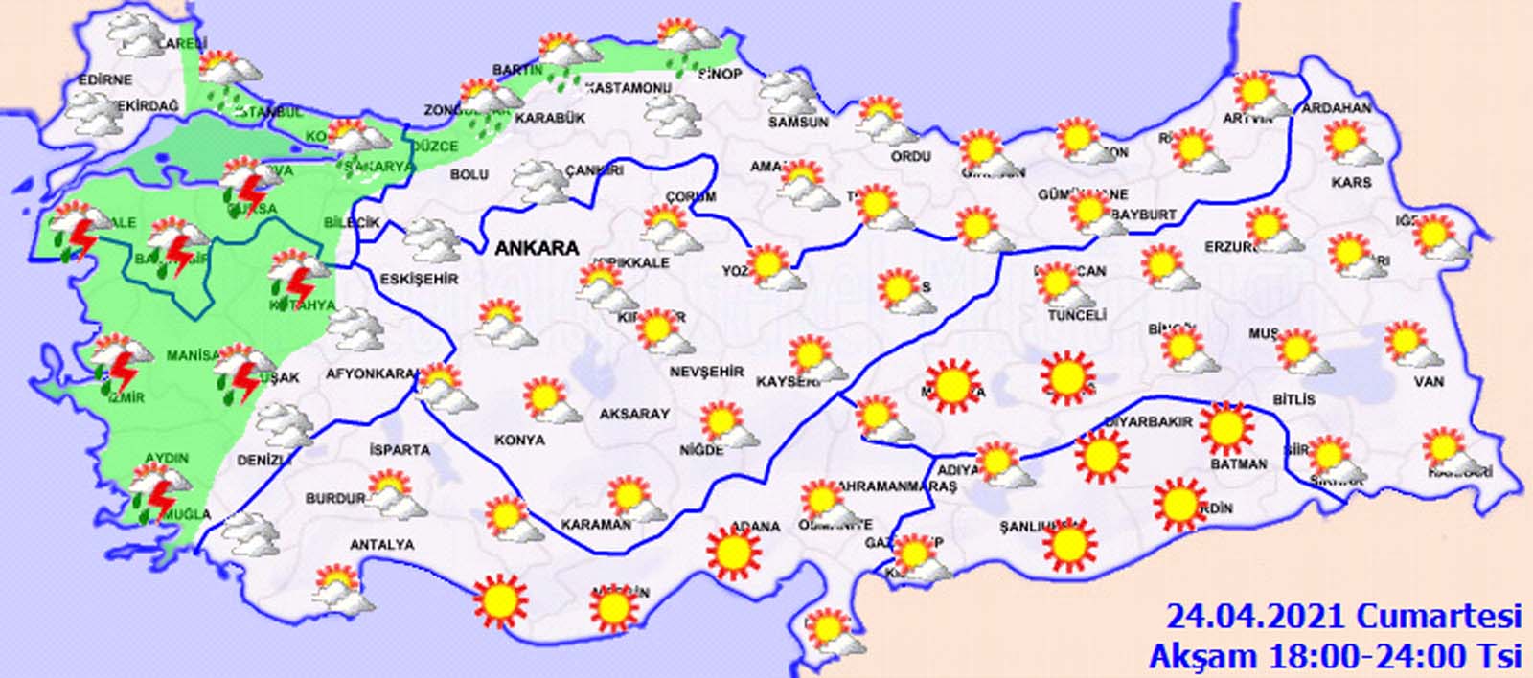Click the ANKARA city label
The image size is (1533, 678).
[537, 248]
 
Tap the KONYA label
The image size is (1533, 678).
[519, 440]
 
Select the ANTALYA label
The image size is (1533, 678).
[381, 544]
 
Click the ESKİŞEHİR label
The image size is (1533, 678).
[420, 279]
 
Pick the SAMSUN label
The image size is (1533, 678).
[798, 123]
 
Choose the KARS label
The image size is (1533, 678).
[1351, 181]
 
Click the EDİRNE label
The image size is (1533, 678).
[105, 79]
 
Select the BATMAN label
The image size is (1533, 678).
[1239, 463]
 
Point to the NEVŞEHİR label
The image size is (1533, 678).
[706, 371]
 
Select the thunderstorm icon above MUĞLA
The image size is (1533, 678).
[155, 490]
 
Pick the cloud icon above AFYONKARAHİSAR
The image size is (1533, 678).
[355, 331]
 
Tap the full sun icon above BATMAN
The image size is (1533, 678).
[1226, 428]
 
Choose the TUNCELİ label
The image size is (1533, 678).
[1077, 315]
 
